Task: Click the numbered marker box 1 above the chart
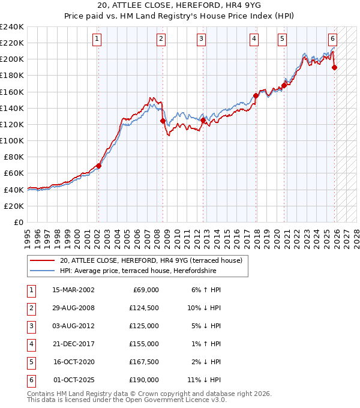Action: tap(97, 39)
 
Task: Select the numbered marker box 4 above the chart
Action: tap(254, 39)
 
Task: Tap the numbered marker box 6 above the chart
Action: tap(332, 39)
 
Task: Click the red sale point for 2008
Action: tap(163, 121)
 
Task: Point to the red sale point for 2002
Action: tap(98, 166)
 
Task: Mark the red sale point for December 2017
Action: tap(256, 95)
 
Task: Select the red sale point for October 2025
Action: tap(334, 67)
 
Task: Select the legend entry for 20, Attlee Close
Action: tap(151, 260)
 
